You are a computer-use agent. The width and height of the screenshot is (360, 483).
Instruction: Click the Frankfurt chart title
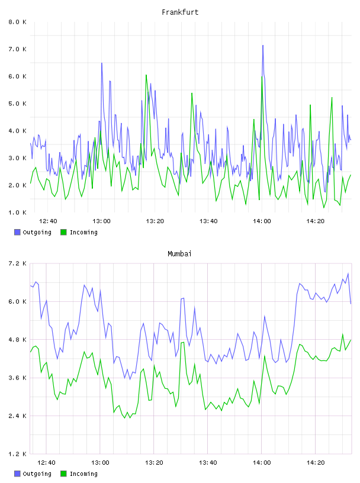pyautogui.click(x=180, y=12)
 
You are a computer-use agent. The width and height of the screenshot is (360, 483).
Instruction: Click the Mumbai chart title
pyautogui.click(x=179, y=254)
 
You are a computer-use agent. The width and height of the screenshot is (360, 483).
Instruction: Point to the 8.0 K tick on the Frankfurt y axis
pyautogui.click(x=18, y=22)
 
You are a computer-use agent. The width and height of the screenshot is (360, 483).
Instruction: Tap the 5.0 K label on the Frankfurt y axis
pyautogui.click(x=18, y=104)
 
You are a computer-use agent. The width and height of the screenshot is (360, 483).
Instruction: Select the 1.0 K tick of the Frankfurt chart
pyautogui.click(x=18, y=212)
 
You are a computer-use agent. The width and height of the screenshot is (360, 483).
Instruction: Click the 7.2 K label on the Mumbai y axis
pyautogui.click(x=18, y=263)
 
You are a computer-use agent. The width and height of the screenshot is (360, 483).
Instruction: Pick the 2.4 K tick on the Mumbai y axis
pyautogui.click(x=18, y=416)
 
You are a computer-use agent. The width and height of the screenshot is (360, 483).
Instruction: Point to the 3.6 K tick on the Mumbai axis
pyautogui.click(x=18, y=378)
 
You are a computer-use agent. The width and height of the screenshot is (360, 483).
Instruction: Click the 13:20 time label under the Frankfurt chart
pyautogui.click(x=155, y=221)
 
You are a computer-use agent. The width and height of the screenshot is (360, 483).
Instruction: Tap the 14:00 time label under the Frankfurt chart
pyautogui.click(x=262, y=221)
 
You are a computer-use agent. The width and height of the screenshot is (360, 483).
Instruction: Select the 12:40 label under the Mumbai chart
pyautogui.click(x=47, y=463)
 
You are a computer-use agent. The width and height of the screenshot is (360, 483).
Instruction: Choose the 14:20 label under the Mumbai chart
pyautogui.click(x=316, y=463)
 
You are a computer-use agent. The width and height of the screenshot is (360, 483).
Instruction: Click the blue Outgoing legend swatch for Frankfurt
pyautogui.click(x=17, y=232)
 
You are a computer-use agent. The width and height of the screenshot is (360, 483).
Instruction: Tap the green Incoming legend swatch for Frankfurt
pyautogui.click(x=63, y=232)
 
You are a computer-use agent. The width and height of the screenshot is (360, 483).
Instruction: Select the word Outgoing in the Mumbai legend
pyautogui.click(x=37, y=474)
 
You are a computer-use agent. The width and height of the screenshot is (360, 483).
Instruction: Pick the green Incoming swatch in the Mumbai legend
pyautogui.click(x=63, y=474)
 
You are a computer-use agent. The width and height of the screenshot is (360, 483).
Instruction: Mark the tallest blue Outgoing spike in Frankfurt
pyautogui.click(x=263, y=46)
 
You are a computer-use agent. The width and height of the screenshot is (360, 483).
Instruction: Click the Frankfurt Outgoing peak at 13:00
pyautogui.click(x=102, y=63)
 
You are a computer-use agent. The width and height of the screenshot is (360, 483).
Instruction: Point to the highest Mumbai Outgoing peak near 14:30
pyautogui.click(x=348, y=273)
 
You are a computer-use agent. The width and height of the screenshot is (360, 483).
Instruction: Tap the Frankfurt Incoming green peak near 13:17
pyautogui.click(x=146, y=75)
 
